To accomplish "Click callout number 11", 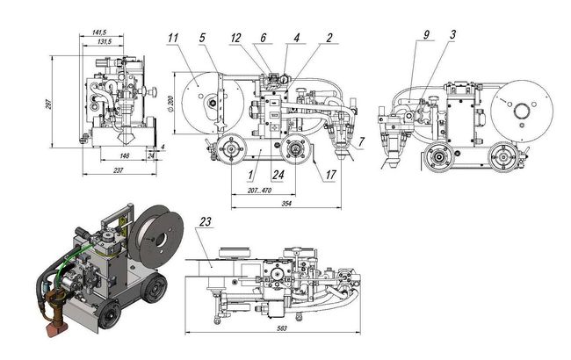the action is [173, 38].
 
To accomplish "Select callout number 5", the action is [202, 38].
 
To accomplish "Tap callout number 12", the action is [236, 38].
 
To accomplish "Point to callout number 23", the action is [206, 221].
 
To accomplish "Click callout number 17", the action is [330, 175].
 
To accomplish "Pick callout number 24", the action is [278, 175].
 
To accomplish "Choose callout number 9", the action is [426, 34].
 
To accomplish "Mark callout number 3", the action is [452, 34].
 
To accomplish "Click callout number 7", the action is [361, 142].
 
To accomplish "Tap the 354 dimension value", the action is [286, 204].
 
